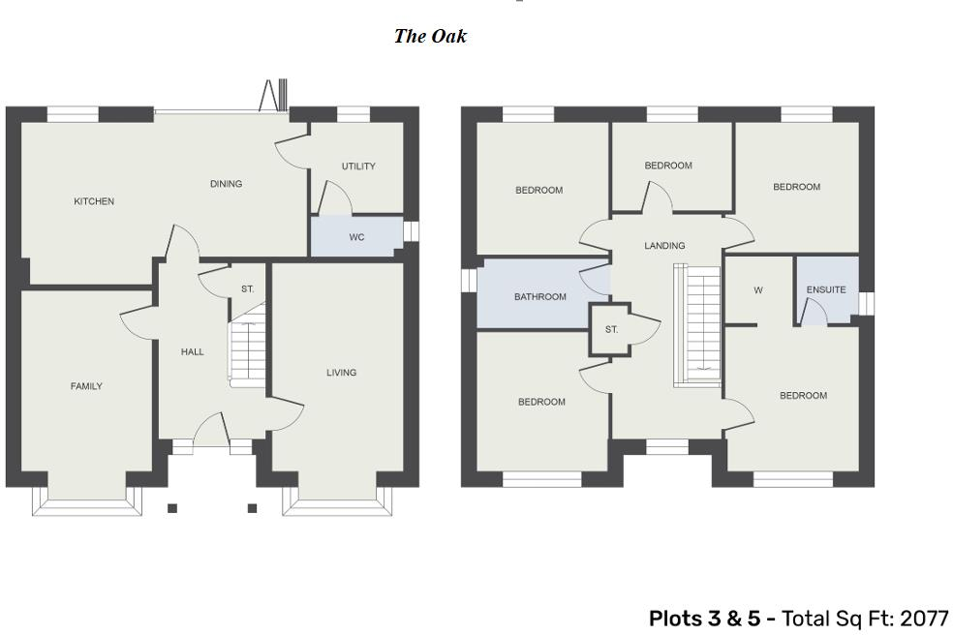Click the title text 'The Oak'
(430, 37)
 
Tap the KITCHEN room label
(94, 201)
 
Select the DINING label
(226, 184)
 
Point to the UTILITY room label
(358, 166)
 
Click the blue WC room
(356, 237)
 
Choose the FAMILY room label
(86, 386)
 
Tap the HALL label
(193, 351)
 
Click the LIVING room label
(341, 373)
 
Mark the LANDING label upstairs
(664, 246)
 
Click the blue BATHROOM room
(539, 296)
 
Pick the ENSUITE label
(826, 289)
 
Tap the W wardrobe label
(758, 289)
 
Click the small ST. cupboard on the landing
(611, 330)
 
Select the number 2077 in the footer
(924, 619)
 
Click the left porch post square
(172, 508)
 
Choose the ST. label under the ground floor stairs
(248, 289)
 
